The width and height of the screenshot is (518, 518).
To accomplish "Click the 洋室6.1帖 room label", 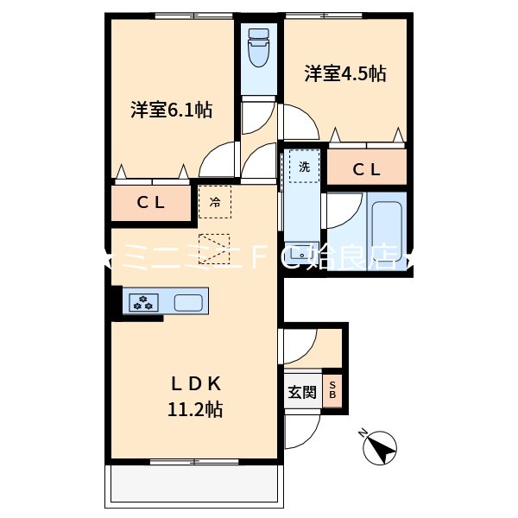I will point(172,111).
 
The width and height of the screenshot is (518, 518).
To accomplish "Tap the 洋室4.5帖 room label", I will point(344,74).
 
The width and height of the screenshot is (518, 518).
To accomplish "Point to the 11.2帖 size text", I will point(195,409).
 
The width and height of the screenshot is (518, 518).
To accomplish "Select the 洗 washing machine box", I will point(304,166).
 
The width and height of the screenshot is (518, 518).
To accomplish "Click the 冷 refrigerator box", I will point(215,204).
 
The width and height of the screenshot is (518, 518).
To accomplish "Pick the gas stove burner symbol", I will point(143,302).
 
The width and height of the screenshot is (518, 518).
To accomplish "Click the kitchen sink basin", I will point(189,302).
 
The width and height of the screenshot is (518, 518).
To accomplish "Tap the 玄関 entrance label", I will point(301,392).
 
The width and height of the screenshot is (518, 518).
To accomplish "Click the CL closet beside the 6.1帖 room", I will point(151,205).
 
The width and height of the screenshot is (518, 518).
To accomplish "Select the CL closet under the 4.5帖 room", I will point(366,169).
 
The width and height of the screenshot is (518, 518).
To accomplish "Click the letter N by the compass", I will point(362,433).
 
